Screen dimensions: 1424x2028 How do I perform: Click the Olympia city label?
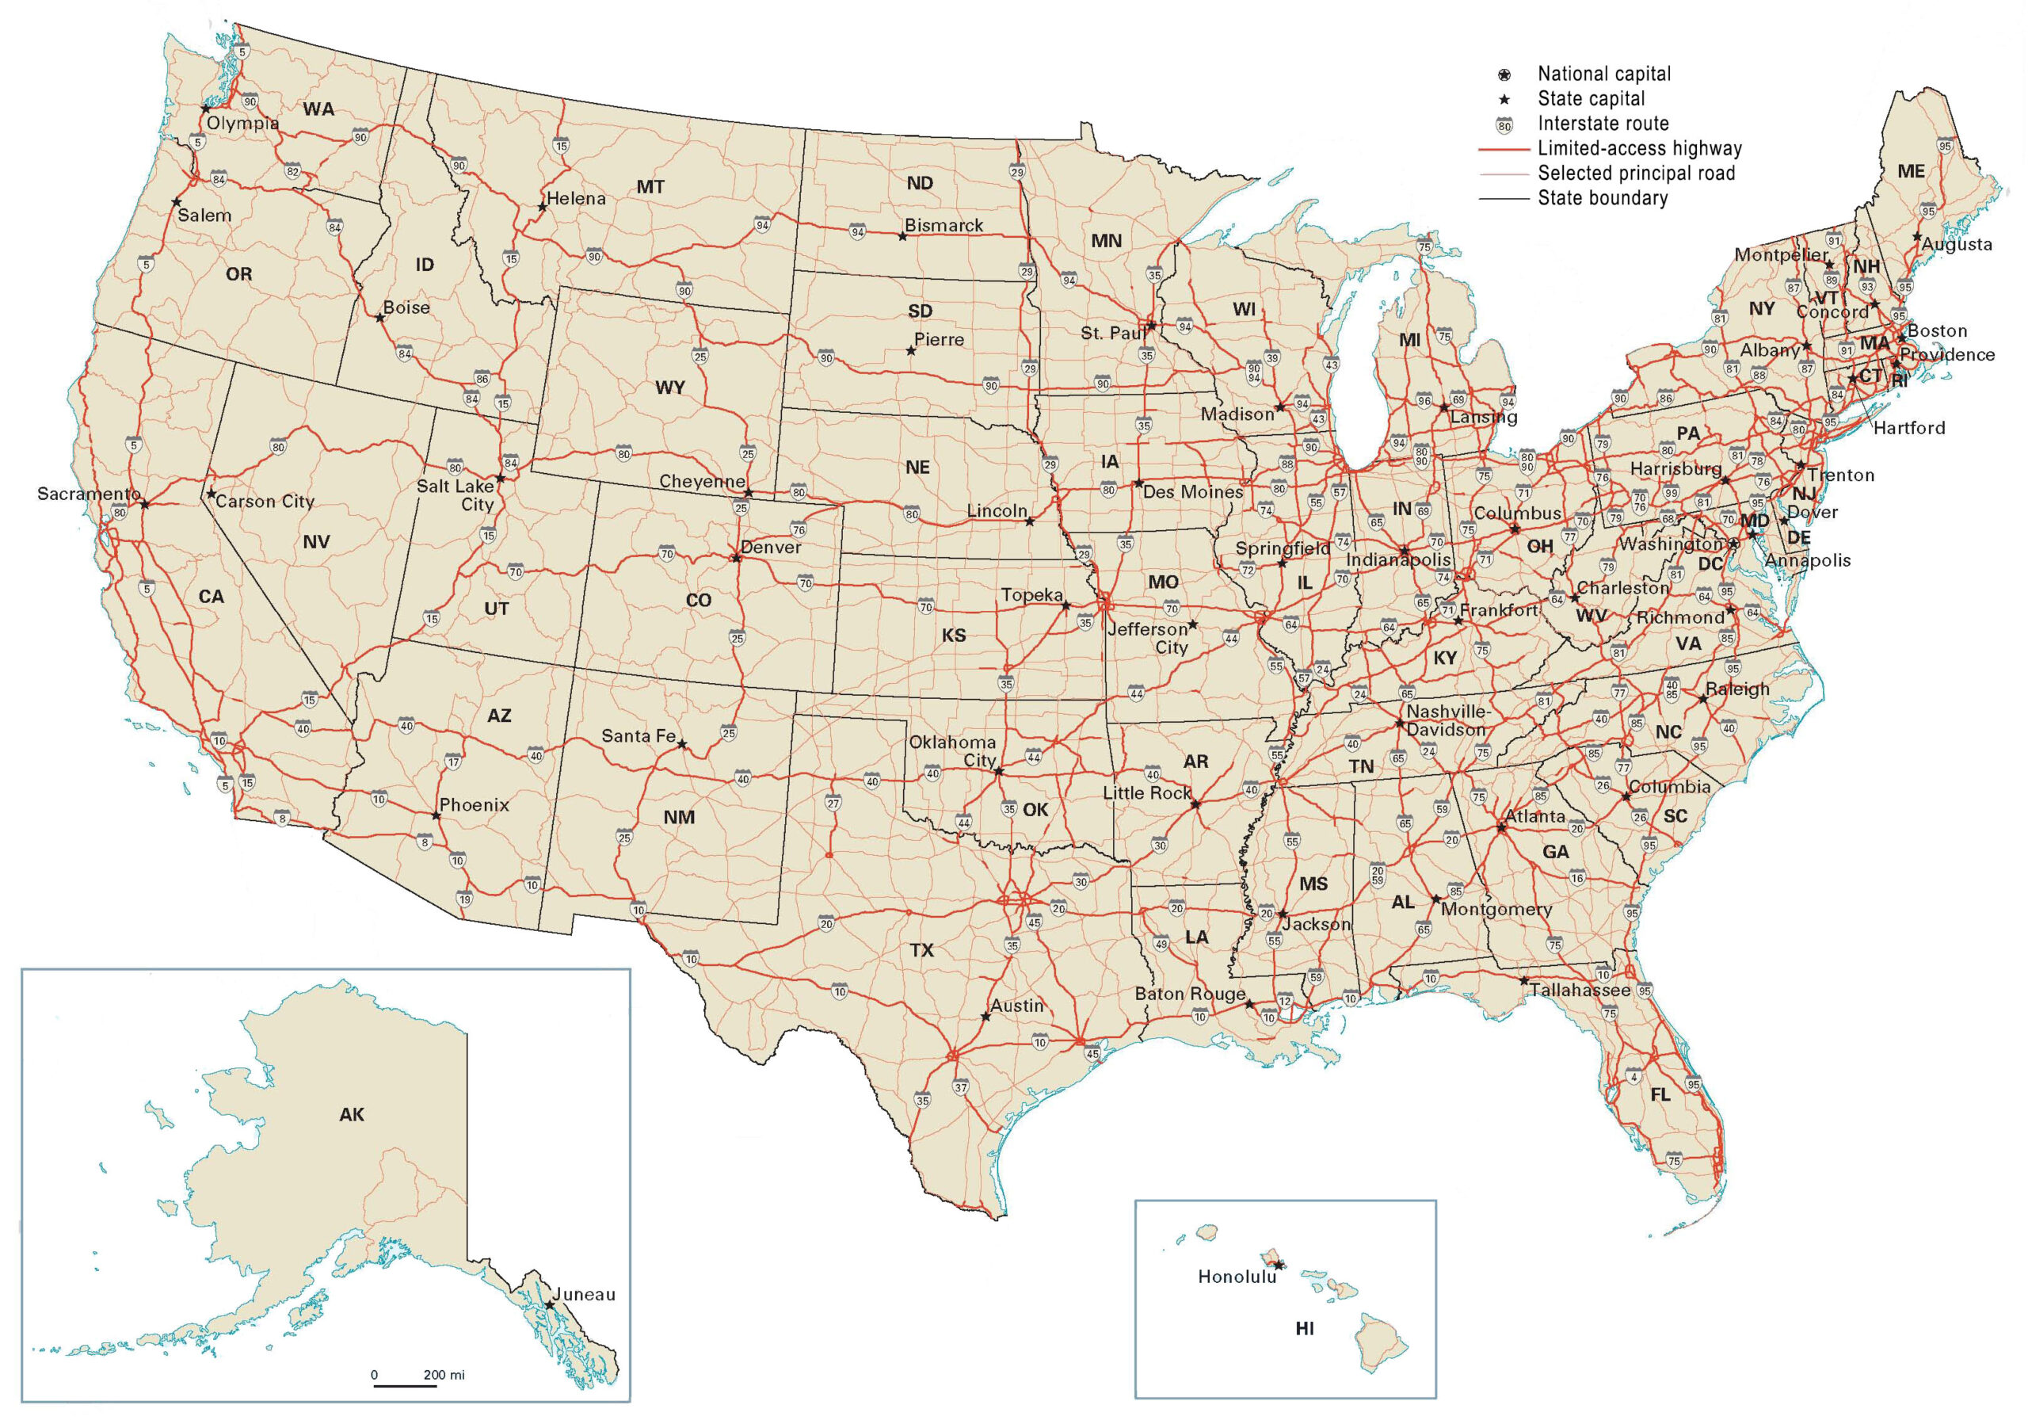pos(243,124)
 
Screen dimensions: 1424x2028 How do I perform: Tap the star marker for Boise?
pos(379,317)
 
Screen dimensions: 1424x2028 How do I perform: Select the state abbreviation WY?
pos(670,387)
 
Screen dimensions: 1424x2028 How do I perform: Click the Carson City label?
pos(265,502)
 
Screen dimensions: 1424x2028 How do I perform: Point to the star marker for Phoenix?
pos(436,815)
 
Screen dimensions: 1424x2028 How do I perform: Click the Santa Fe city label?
pos(638,736)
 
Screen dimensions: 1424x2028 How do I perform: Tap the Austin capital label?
pos(1016,1006)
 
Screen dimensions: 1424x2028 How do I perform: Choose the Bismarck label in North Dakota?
pos(943,225)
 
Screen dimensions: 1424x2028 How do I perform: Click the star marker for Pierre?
pos(911,351)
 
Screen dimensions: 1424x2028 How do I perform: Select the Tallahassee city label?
pos(1580,991)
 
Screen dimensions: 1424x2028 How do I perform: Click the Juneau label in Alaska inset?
pos(585,1294)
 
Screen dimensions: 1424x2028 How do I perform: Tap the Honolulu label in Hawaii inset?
pos(1237,1277)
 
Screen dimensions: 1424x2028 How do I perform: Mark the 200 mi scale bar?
pos(406,1385)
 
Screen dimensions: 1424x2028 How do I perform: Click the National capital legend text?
pos(1604,74)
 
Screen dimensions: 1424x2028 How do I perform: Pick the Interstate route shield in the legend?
pos(1504,124)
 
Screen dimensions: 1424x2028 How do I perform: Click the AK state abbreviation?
pos(352,1115)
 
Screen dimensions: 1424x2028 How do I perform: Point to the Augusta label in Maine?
pos(1957,245)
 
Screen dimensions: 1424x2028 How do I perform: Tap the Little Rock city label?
pos(1146,793)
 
